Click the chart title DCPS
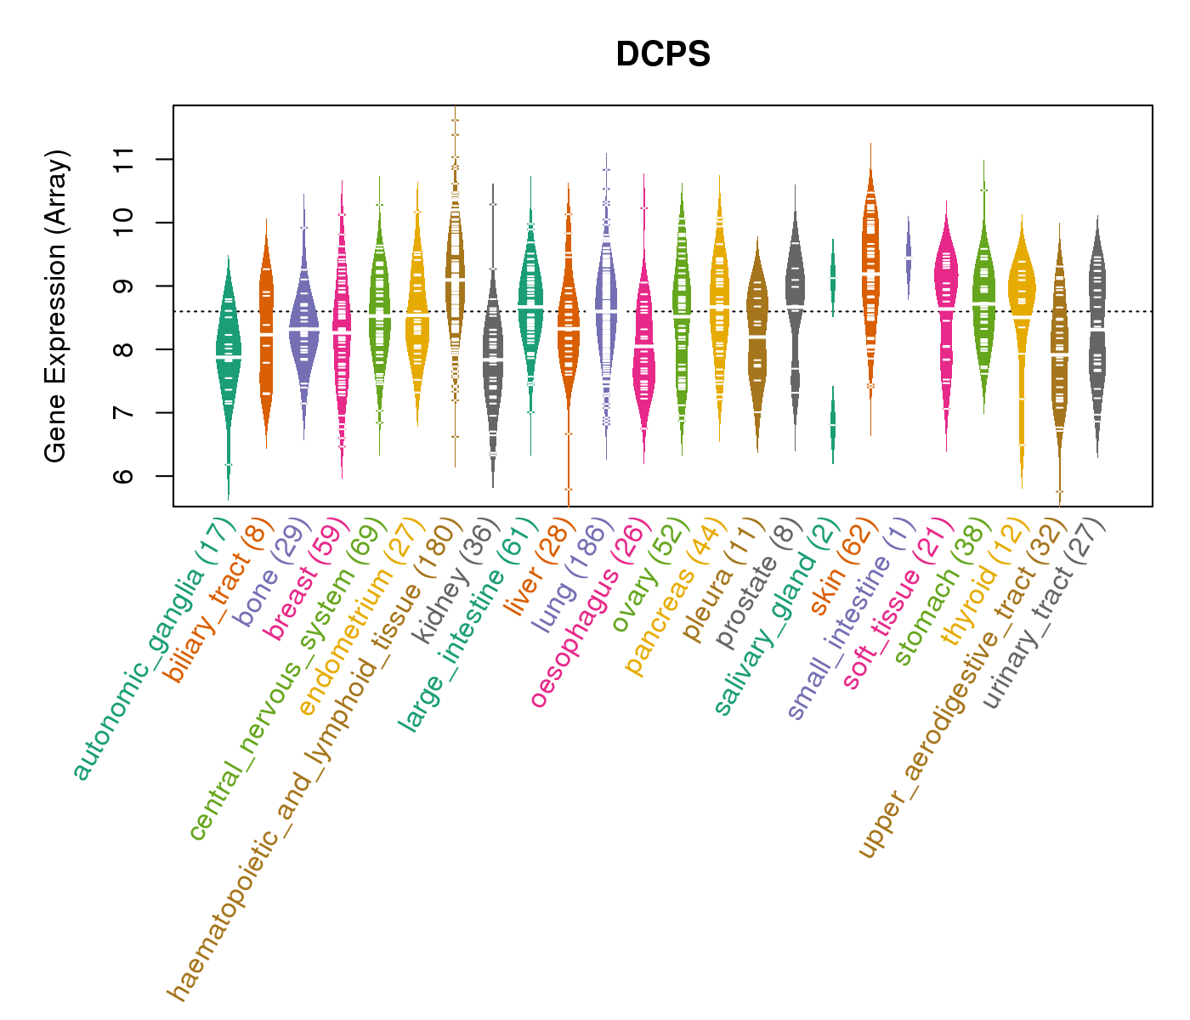click(663, 54)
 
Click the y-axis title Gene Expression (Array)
click(56, 306)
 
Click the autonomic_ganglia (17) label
click(153, 650)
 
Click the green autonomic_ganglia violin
click(228, 357)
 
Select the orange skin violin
click(870, 272)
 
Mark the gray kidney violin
click(493, 357)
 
